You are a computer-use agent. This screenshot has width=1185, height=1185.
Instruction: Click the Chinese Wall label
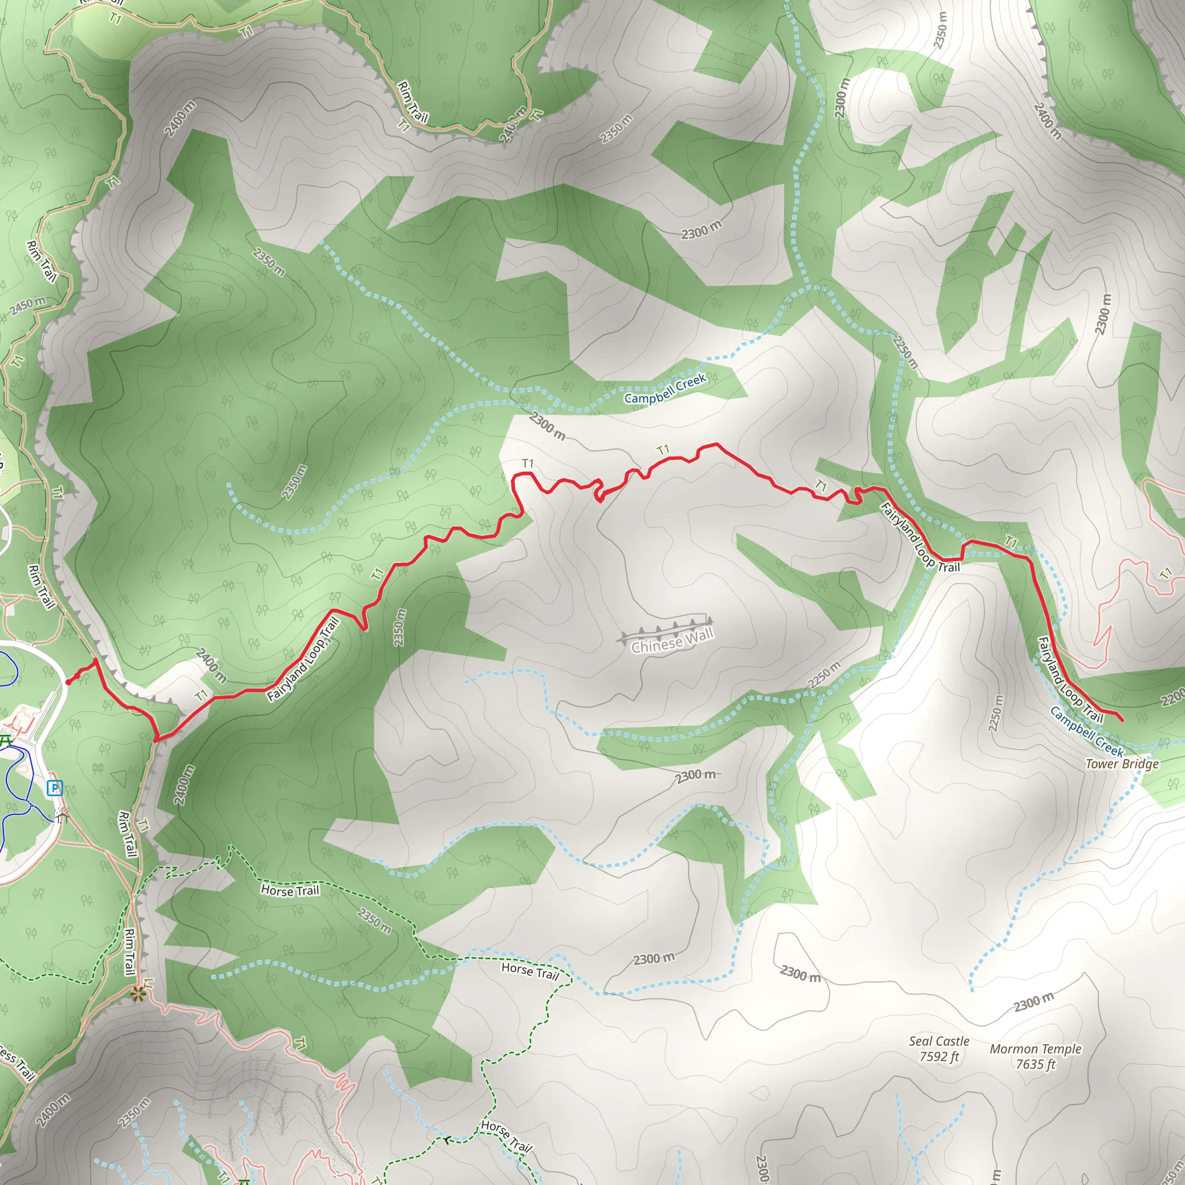[672, 641]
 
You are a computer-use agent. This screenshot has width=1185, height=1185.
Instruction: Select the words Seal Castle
[939, 1041]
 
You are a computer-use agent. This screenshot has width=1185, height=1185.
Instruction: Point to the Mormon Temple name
[1035, 1049]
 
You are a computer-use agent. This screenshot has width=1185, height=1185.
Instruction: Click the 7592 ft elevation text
[939, 1056]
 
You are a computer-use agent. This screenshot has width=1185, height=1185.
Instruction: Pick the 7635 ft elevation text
[1035, 1064]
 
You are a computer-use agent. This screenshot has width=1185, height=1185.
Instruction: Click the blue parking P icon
[55, 787]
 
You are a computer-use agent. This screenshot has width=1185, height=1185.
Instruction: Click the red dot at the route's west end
[68, 682]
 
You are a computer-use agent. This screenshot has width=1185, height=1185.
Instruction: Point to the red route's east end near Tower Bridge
[1122, 719]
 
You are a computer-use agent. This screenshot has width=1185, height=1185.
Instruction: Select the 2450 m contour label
[28, 306]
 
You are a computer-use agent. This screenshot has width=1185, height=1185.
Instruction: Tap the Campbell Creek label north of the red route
[665, 389]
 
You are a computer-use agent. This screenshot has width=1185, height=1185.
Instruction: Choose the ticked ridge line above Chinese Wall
[665, 628]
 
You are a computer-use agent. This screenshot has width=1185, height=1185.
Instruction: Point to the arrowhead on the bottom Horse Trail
[448, 1140]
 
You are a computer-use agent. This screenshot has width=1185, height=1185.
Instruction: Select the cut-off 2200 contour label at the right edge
[1173, 697]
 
